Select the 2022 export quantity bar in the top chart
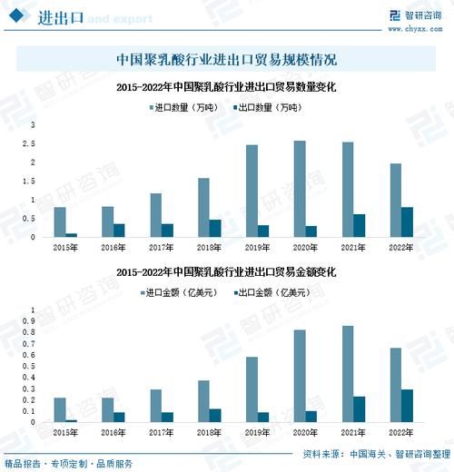(x=407, y=222)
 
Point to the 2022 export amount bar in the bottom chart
(x=407, y=406)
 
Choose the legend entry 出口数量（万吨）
(x=269, y=108)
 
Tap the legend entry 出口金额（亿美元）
(x=269, y=292)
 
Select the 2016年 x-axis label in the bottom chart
(x=113, y=434)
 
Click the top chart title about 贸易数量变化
(x=227, y=88)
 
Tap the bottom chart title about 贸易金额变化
(x=227, y=271)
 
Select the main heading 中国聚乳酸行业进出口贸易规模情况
(x=227, y=60)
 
